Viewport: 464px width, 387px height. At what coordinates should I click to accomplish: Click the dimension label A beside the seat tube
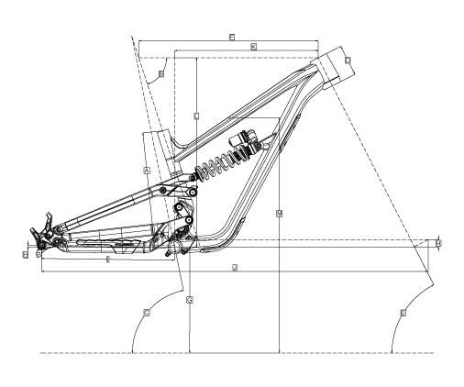click(x=147, y=171)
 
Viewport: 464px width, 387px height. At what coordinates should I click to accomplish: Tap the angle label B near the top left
click(x=160, y=73)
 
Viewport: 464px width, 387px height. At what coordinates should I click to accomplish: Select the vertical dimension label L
click(x=197, y=116)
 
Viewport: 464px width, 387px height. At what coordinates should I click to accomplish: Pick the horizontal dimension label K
click(x=253, y=45)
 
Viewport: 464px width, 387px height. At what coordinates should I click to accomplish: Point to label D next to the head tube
click(x=348, y=61)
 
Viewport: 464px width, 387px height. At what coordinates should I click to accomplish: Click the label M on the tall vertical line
click(x=278, y=212)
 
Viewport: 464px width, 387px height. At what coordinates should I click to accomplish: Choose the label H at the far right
click(x=439, y=243)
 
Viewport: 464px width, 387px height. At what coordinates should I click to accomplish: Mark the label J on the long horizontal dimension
click(x=236, y=267)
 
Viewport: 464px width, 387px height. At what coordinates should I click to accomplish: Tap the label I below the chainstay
click(x=108, y=260)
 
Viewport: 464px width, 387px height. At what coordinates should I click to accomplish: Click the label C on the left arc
click(x=147, y=313)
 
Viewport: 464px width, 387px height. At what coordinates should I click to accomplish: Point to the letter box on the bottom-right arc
click(x=403, y=313)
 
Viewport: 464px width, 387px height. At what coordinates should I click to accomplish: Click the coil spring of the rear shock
click(x=220, y=166)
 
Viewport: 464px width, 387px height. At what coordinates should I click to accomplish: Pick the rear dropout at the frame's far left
click(x=40, y=240)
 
